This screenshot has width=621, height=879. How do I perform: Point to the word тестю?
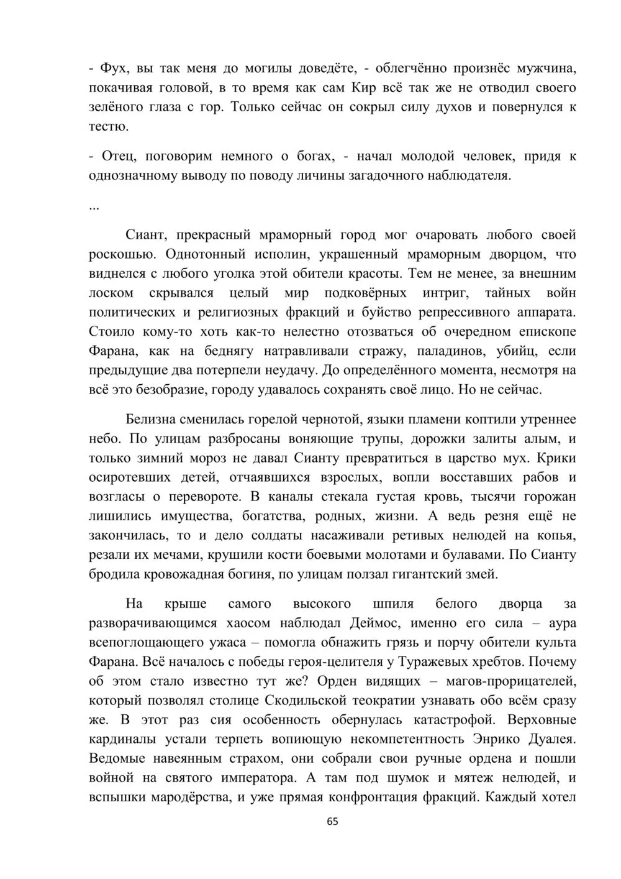coord(108,126)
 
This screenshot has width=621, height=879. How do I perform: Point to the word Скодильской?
coord(305,701)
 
